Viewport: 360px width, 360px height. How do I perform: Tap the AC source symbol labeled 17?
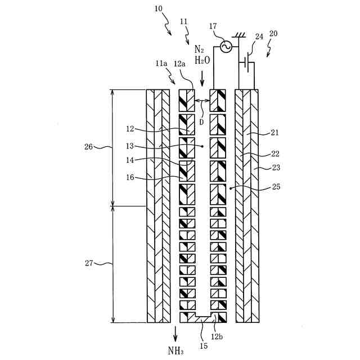coord(226,47)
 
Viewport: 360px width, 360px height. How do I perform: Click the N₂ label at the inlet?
coord(199,48)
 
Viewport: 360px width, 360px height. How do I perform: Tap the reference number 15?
coord(203,345)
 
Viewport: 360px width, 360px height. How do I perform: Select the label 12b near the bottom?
coord(218,336)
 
